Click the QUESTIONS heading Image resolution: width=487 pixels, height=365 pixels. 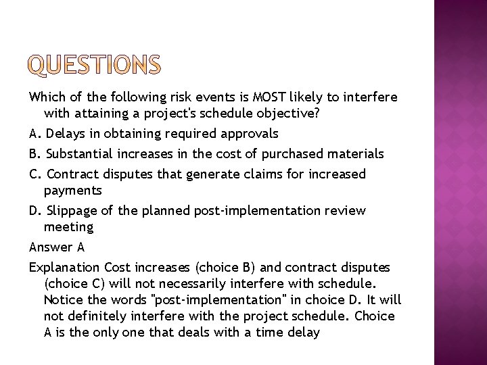pyautogui.click(x=95, y=66)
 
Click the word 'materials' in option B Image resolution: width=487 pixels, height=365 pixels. pyautogui.click(x=356, y=154)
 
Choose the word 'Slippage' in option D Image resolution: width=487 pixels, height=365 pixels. pyautogui.click(x=70, y=211)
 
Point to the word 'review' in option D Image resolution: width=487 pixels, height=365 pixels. pyautogui.click(x=346, y=211)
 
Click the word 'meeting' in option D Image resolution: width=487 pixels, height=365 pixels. pyautogui.click(x=68, y=228)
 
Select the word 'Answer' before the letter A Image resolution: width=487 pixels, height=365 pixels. pyautogui.click(x=49, y=247)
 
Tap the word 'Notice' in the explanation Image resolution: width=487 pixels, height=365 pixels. pyautogui.click(x=62, y=299)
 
